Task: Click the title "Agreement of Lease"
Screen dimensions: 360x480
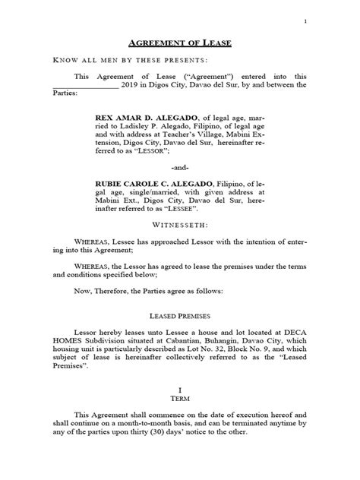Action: click(180, 43)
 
